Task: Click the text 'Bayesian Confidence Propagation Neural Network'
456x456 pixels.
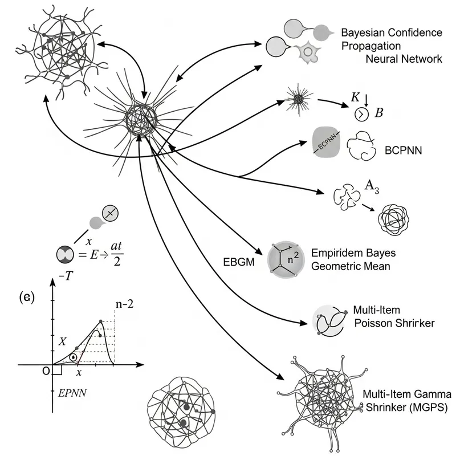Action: coord(390,45)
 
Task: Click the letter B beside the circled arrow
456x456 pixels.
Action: coord(378,112)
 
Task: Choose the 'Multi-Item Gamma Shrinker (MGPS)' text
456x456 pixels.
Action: coord(406,401)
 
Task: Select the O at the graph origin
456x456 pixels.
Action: coord(46,371)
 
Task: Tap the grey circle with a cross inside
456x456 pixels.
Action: coord(110,214)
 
